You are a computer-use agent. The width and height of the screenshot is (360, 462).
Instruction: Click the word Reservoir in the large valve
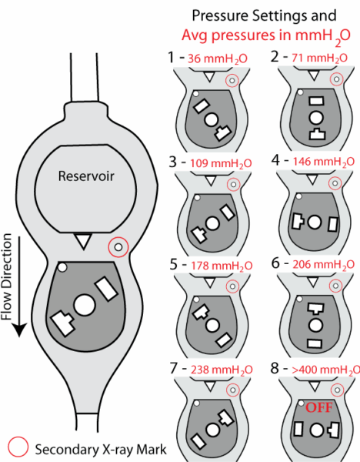[x=86, y=176]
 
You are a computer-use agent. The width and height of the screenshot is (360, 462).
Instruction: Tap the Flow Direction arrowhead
[x=19, y=330]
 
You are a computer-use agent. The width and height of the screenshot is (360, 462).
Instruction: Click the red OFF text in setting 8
[x=319, y=407]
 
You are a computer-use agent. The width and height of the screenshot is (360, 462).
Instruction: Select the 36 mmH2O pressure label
[x=218, y=59]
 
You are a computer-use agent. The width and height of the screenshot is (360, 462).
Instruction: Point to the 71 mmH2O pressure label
[x=320, y=59]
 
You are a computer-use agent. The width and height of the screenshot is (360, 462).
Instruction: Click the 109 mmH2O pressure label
[x=221, y=163]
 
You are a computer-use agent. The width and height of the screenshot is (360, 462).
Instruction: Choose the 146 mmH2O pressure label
[x=324, y=162]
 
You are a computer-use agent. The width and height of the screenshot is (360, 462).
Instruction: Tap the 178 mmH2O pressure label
[x=222, y=266]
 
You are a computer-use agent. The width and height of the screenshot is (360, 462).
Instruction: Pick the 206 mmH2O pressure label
[x=324, y=265]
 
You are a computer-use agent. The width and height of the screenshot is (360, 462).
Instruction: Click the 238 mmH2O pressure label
[x=222, y=370]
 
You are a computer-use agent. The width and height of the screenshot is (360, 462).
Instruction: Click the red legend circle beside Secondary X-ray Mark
[x=18, y=447]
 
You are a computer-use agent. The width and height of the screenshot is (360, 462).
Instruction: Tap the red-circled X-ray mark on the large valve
[x=118, y=247]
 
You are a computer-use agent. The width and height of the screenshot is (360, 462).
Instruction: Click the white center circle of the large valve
[x=85, y=306]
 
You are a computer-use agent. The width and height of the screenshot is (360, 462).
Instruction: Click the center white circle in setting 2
[x=316, y=118]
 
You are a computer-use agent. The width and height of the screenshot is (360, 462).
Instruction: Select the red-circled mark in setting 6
[x=336, y=286]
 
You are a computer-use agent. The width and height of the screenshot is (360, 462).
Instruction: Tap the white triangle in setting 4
[x=312, y=179]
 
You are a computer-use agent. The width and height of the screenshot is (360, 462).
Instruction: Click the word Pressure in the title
[x=219, y=15]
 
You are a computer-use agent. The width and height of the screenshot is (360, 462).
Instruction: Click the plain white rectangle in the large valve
[x=106, y=289]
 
